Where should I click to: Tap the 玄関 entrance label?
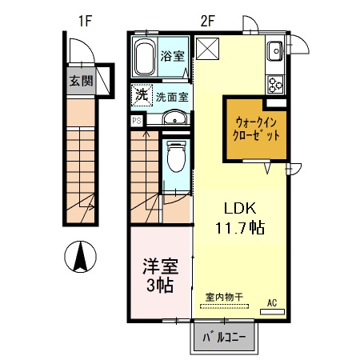click(x=81, y=80)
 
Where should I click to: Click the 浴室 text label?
click(x=173, y=57)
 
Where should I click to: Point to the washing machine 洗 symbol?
click(x=141, y=94)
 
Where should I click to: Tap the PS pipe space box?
click(x=137, y=121)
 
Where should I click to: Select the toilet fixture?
click(x=175, y=159)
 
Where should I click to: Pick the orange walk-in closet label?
click(x=257, y=129)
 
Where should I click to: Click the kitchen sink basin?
click(x=276, y=50)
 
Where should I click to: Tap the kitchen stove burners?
click(x=276, y=82)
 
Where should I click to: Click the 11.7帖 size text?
click(x=238, y=227)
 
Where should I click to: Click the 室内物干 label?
click(x=224, y=298)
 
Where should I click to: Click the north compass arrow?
click(x=80, y=257)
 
